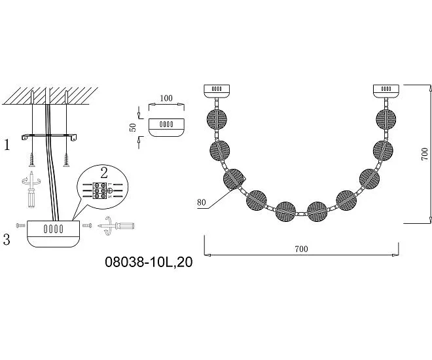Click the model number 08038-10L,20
tap(149, 262)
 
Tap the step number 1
tap(7, 145)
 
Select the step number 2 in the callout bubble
tap(104, 173)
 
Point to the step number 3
tap(7, 239)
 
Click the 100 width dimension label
tap(166, 98)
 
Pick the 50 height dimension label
tap(133, 127)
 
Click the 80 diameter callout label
tap(202, 202)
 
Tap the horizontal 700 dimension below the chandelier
tap(301, 249)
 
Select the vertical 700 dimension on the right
tap(425, 154)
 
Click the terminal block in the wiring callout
tap(99, 190)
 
